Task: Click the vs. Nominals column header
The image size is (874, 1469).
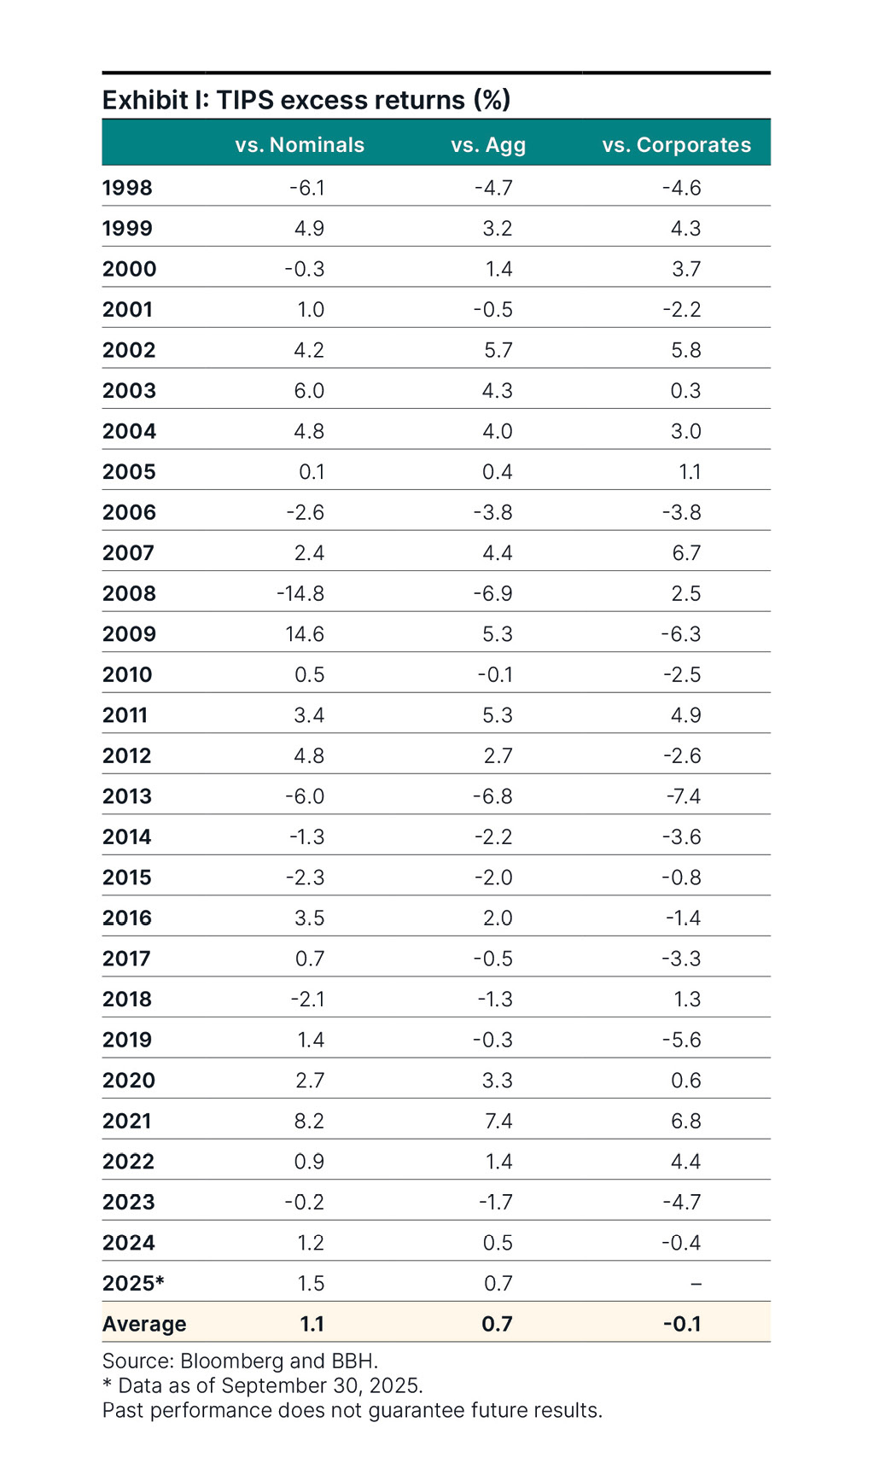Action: coord(300,145)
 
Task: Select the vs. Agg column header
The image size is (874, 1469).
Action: coord(488,145)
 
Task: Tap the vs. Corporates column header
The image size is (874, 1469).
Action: coord(676,145)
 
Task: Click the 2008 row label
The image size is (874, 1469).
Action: coord(129,593)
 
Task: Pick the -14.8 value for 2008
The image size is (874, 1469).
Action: coord(300,593)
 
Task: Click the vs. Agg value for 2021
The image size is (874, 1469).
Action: coord(498,1121)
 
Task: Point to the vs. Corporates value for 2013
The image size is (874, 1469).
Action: coord(684,796)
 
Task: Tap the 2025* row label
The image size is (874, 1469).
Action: coord(133,1283)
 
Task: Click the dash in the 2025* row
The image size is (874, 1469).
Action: coord(696,1284)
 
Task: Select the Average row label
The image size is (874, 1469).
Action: coord(144,1324)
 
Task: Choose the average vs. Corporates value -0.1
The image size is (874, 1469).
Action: coord(682,1324)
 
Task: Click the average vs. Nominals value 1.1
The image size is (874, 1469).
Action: coord(312,1324)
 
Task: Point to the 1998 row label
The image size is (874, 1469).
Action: coord(127,188)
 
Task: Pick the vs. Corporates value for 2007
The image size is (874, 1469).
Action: coord(686,553)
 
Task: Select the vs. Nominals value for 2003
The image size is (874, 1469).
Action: coord(309,391)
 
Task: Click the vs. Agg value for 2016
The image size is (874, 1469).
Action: coord(498,918)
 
